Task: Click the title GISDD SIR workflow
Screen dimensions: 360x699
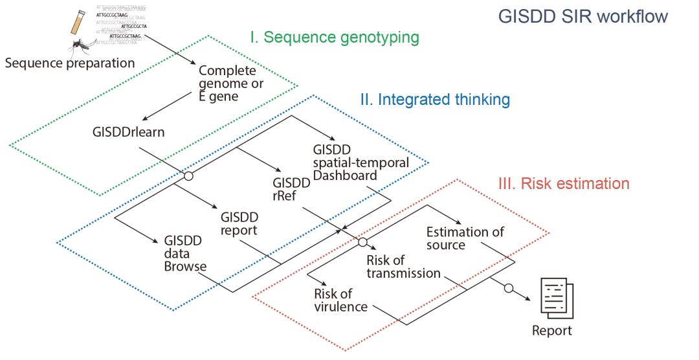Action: click(582, 16)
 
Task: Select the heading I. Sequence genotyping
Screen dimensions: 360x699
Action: click(335, 38)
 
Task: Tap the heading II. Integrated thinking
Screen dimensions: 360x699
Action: click(434, 100)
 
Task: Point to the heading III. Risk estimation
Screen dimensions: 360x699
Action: click(563, 184)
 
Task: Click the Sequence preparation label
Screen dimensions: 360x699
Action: click(69, 63)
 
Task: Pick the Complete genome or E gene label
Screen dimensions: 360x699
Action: click(227, 84)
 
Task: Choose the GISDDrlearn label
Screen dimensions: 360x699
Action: click(128, 132)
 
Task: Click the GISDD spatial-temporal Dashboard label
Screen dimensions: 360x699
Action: click(360, 162)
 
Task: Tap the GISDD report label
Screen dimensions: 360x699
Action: click(239, 223)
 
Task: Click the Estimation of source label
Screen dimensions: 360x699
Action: click(465, 239)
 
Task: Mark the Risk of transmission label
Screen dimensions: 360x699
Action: click(403, 267)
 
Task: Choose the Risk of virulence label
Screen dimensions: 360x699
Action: click(340, 300)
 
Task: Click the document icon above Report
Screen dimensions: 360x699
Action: click(555, 298)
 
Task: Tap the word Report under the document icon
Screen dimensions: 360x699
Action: click(552, 331)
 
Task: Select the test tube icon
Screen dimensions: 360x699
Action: click(78, 23)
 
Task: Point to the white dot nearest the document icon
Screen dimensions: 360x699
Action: click(509, 287)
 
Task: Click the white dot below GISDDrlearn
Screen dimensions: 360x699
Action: click(188, 176)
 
